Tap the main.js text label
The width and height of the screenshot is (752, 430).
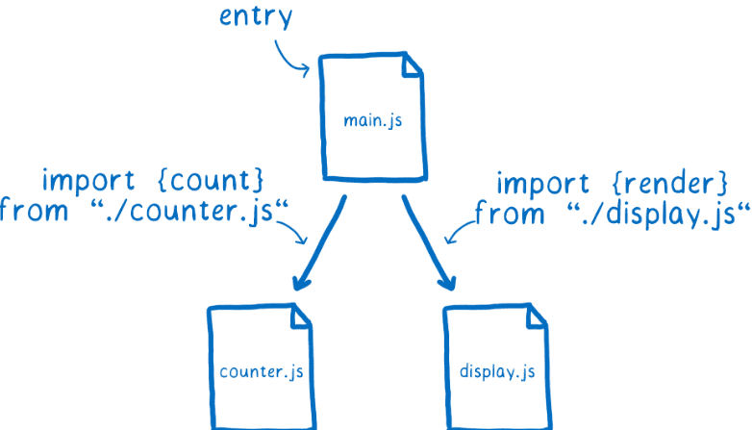[371, 122]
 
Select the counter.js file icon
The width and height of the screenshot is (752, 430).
[260, 366]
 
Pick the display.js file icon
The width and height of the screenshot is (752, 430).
[496, 366]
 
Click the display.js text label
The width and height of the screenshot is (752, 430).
[496, 370]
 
